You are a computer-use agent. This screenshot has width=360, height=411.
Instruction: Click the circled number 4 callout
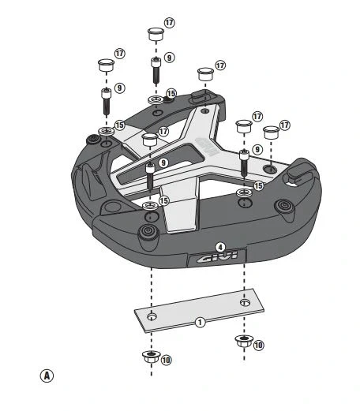tap(220, 247)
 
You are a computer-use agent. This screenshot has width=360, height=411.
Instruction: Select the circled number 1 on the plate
tap(200, 322)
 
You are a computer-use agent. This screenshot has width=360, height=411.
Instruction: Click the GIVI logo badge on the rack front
tap(216, 258)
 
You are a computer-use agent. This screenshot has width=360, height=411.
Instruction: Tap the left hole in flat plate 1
tap(153, 317)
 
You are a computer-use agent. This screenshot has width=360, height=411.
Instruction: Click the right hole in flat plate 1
tap(246, 302)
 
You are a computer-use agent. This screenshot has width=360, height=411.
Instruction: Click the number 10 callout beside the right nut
tap(258, 346)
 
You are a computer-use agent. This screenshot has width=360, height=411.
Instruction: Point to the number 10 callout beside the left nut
tap(166, 360)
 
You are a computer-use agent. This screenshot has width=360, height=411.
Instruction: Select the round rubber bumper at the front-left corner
tap(147, 232)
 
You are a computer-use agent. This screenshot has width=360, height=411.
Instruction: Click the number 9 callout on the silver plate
tap(163, 163)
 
